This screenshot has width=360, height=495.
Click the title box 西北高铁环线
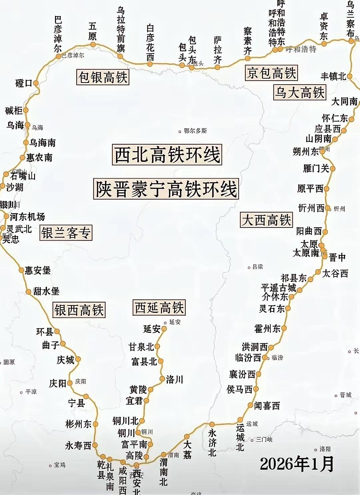tap(167, 155)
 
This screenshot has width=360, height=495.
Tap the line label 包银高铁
tap(103, 77)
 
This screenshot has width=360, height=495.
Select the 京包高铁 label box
tap(271, 73)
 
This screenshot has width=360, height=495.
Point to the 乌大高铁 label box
tap(299, 92)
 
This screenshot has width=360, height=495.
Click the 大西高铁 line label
tap(266, 220)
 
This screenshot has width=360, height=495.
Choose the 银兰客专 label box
tap(66, 233)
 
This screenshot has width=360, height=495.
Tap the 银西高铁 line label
tap(79, 310)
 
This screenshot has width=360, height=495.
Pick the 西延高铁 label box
tap(159, 307)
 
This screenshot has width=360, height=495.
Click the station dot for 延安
tap(164, 329)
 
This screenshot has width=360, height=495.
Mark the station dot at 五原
tap(93, 44)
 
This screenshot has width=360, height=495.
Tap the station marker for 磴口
tap(36, 83)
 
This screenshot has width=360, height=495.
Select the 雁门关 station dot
tap(332, 169)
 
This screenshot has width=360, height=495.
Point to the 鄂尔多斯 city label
tap(195, 131)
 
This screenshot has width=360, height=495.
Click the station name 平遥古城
tap(279, 287)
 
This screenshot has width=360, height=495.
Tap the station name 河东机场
tap(27, 217)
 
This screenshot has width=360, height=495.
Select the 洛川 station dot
tap(162, 379)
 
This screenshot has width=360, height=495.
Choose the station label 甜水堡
tap(46, 291)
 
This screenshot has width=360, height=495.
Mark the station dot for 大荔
tap(187, 436)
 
